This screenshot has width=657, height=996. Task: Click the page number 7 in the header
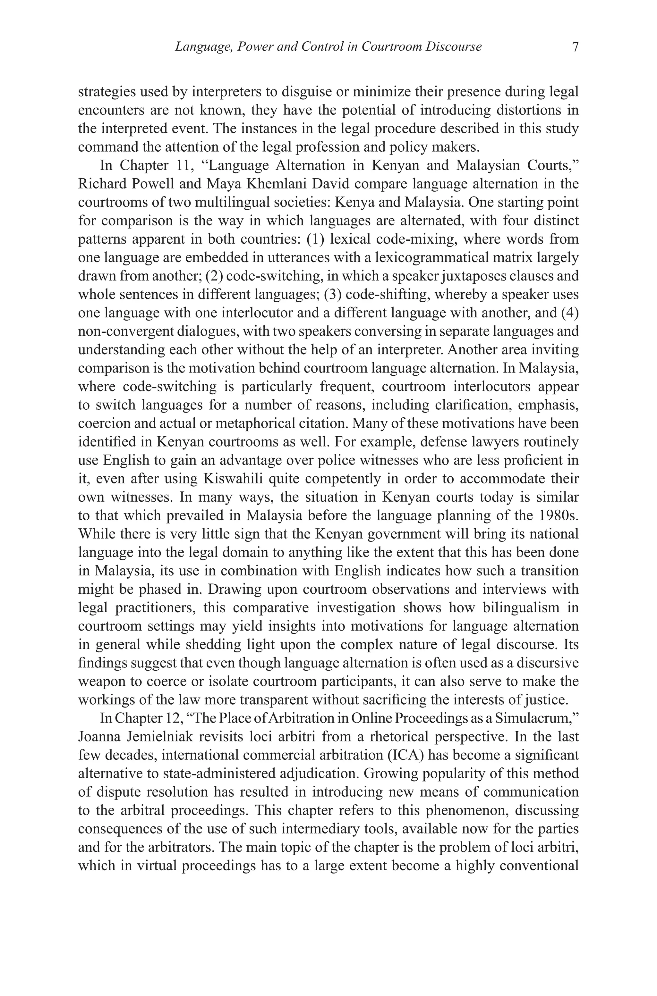575,46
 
